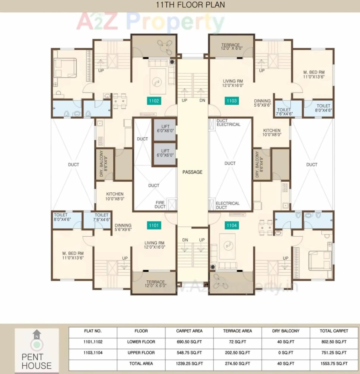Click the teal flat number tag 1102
(154, 101)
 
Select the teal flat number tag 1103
(231, 101)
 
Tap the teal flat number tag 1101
(154, 225)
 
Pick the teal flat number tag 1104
(231, 225)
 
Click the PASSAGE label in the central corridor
(192, 172)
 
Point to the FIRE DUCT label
(160, 205)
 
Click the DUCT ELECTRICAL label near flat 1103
(228, 122)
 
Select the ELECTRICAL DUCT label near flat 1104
(227, 205)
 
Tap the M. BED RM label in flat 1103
(314, 74)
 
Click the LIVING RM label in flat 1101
(154, 245)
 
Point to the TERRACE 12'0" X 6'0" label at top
(231, 46)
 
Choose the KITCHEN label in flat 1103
(272, 133)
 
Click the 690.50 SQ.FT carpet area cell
(189, 342)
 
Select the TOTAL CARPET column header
(334, 331)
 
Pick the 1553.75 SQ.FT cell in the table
(334, 364)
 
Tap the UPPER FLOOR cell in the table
(141, 353)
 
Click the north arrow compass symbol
(37, 340)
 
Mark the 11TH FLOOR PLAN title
(190, 5)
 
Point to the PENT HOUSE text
(37, 361)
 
